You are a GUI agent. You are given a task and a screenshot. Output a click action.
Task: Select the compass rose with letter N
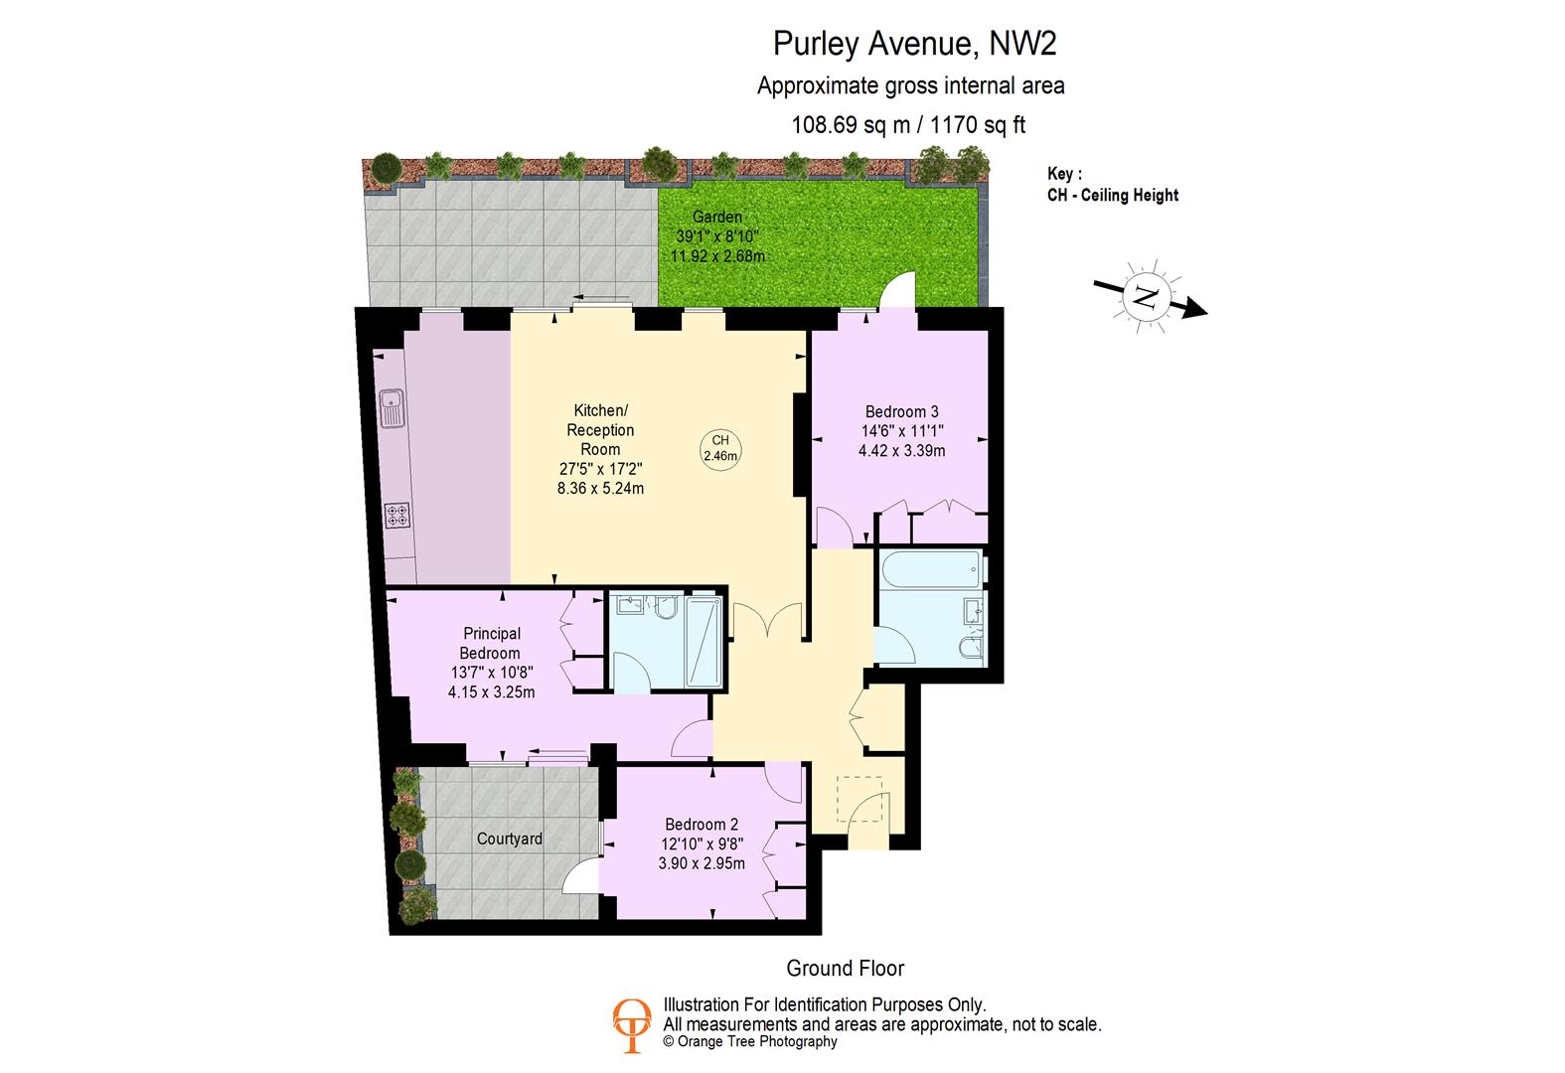(1146, 295)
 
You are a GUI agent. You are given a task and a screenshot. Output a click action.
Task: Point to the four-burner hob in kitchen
(398, 517)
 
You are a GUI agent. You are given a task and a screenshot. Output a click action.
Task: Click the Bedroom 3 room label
(901, 411)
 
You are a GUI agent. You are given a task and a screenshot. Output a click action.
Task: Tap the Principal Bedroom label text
(491, 643)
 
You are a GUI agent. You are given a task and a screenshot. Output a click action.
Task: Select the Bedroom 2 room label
(702, 824)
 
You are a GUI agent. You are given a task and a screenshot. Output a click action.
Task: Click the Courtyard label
(510, 839)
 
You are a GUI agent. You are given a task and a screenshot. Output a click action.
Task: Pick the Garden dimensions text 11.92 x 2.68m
(717, 256)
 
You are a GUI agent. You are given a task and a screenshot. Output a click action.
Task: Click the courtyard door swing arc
(580, 878)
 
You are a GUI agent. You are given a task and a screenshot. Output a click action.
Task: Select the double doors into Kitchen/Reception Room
(767, 623)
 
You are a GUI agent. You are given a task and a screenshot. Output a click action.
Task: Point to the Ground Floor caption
(846, 968)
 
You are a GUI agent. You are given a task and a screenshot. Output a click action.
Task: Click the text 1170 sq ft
(977, 125)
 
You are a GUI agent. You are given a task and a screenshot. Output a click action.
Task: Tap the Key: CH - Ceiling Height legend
(1112, 185)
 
